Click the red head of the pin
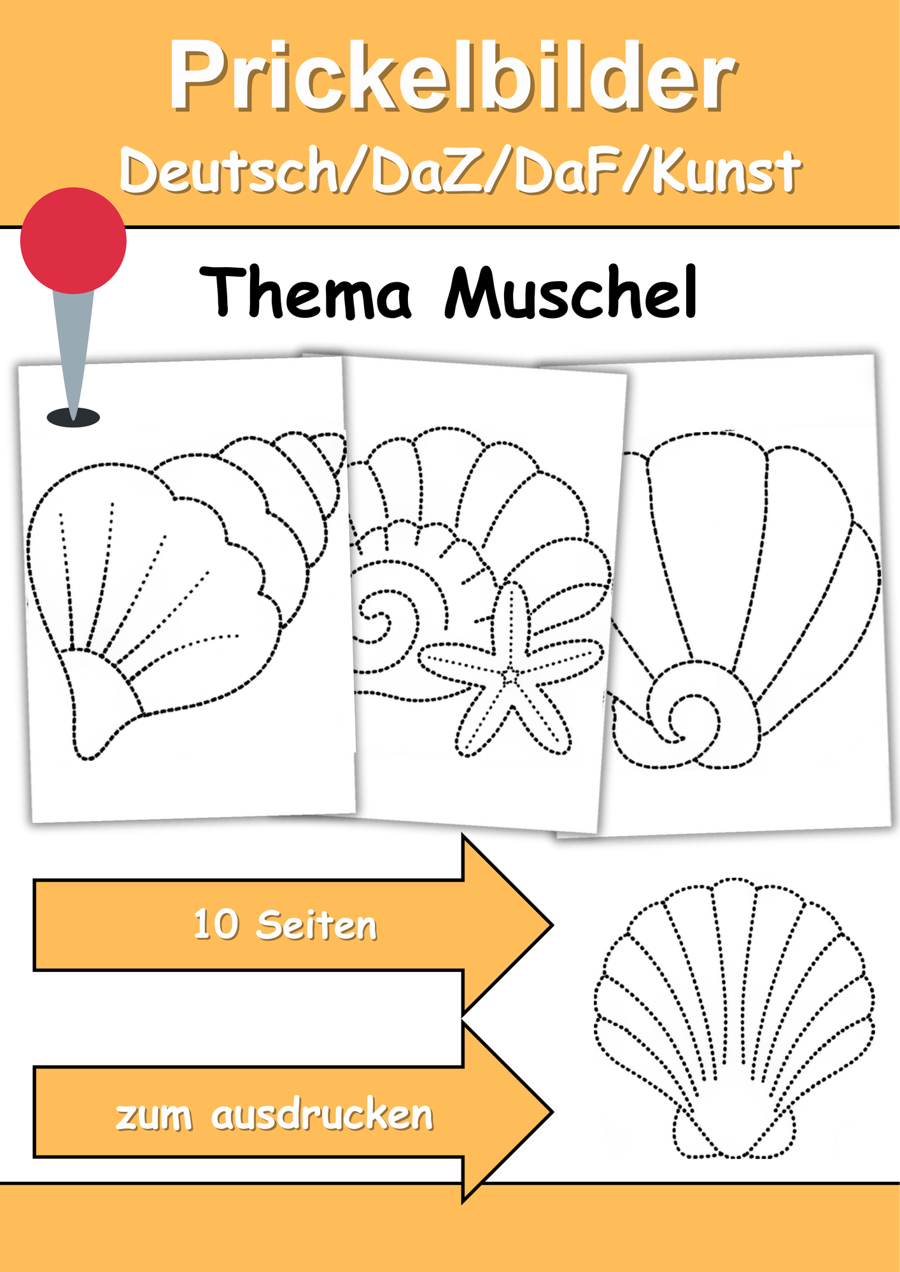73,240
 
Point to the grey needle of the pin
73,353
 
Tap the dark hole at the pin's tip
73,418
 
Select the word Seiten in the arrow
316,925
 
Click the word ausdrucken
322,1114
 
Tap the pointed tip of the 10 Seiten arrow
551,925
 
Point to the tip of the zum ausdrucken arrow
551,1112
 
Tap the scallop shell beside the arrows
734,1018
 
